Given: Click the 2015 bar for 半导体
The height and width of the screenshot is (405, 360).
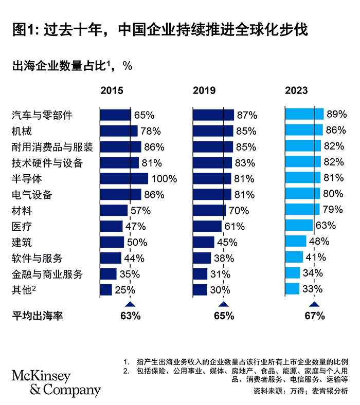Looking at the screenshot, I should click(x=123, y=178).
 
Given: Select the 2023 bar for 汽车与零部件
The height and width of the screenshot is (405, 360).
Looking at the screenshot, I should click(x=304, y=114).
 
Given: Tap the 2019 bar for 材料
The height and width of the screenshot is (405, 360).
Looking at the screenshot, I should click(x=209, y=210).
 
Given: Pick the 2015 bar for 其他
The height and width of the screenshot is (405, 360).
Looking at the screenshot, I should click(x=106, y=290).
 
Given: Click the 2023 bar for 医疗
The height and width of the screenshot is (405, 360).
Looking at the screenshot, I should click(x=299, y=225).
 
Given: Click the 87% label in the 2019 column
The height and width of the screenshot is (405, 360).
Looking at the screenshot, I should click(x=246, y=115).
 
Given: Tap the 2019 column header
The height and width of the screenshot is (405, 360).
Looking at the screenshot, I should click(x=204, y=90).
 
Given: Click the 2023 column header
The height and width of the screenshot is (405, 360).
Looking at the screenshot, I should click(x=297, y=90).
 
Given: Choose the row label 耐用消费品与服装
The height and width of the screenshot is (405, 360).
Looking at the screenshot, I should click(x=52, y=147).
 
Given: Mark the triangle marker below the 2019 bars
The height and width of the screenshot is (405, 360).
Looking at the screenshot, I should click(x=223, y=304).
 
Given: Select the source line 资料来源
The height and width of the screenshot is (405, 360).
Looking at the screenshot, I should click(x=300, y=391).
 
